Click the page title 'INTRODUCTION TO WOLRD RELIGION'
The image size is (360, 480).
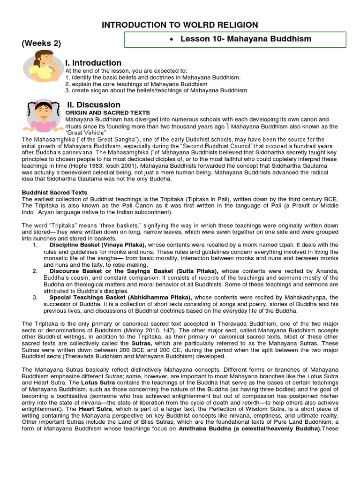click(x=180, y=24)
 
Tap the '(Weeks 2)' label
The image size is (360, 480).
click(x=41, y=43)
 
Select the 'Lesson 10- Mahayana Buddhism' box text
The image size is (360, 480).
click(x=246, y=39)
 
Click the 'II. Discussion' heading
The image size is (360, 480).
click(x=94, y=105)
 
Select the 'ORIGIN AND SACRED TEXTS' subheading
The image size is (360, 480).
click(x=107, y=113)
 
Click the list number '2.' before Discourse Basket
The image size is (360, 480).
click(x=35, y=271)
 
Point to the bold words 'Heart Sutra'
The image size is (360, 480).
click(x=82, y=409)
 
